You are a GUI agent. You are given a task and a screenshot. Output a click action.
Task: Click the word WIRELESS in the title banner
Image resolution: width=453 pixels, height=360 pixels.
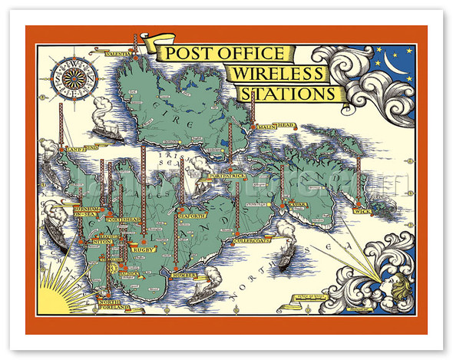[276, 74]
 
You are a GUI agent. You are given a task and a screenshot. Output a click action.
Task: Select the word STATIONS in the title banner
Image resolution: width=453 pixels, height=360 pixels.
[287, 94]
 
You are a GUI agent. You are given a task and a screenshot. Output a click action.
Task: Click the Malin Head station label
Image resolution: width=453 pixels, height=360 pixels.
[277, 127]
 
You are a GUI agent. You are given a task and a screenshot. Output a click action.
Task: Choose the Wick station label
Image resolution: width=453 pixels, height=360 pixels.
[363, 210]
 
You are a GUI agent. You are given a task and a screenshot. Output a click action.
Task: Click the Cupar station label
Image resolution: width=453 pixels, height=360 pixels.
[294, 205]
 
